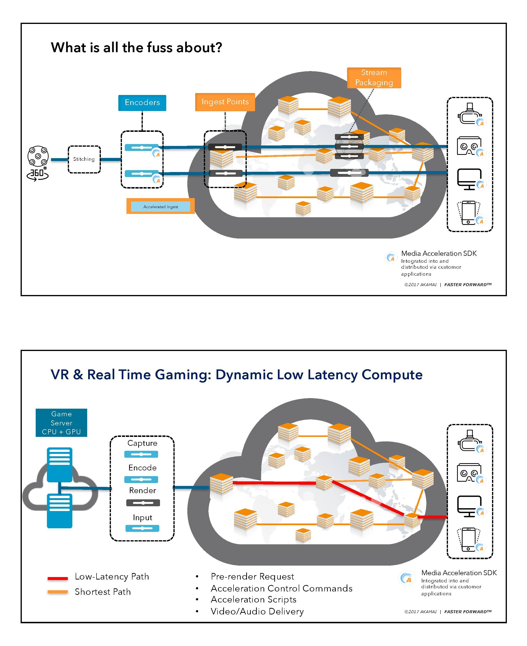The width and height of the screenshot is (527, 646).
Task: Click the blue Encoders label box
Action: (x=142, y=103)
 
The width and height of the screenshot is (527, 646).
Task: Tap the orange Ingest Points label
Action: (x=225, y=102)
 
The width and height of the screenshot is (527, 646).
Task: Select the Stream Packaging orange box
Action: (x=374, y=78)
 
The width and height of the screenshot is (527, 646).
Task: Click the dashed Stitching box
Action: (x=84, y=159)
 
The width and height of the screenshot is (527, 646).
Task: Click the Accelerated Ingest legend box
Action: (x=160, y=206)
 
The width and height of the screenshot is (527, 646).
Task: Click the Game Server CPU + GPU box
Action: (x=61, y=423)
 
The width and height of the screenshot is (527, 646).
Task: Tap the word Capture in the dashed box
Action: (x=142, y=443)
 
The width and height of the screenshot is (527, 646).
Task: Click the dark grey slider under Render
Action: (x=143, y=503)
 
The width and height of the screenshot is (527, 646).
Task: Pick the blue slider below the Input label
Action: (x=142, y=528)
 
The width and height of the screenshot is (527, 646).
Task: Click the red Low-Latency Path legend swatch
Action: (x=57, y=578)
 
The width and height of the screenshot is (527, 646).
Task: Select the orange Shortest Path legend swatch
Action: (x=57, y=591)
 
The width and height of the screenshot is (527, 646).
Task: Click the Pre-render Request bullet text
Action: (x=252, y=576)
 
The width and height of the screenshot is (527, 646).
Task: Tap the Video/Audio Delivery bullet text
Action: (x=257, y=611)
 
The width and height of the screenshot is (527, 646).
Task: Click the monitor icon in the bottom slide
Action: (x=469, y=506)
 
